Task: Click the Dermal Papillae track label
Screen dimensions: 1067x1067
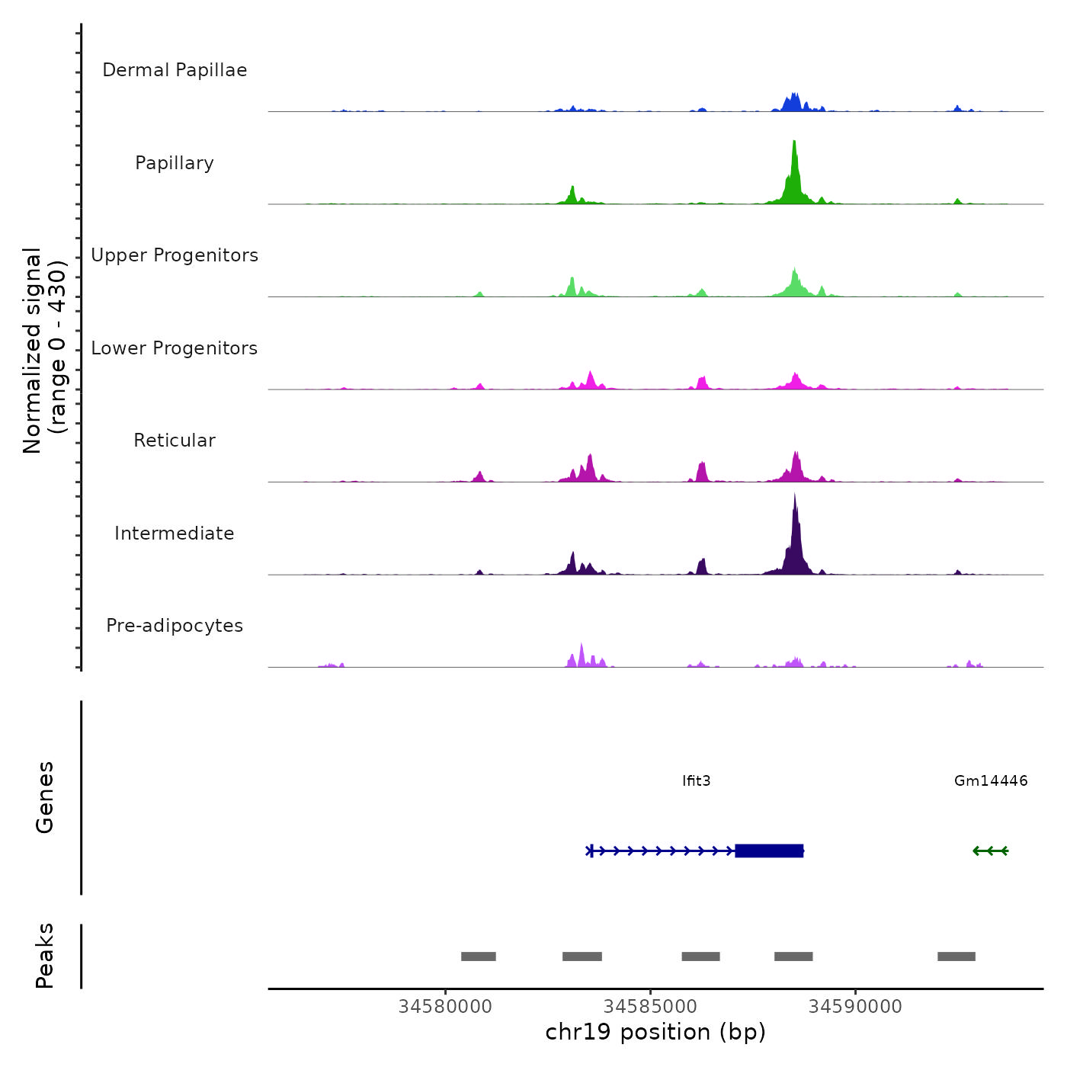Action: [x=175, y=70]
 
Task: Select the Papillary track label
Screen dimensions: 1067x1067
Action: [x=175, y=163]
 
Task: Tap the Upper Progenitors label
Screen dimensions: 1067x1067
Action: [x=175, y=255]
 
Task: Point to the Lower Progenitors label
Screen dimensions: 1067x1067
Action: [x=175, y=348]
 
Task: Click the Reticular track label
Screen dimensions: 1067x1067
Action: [x=175, y=441]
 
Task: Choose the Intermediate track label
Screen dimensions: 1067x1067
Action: [x=175, y=533]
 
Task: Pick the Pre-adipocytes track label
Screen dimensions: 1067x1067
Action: [x=175, y=626]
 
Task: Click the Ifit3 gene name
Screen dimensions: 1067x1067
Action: [x=697, y=780]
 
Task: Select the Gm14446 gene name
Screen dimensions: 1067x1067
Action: [x=991, y=780]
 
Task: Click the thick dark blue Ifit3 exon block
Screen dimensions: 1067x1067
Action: [x=769, y=851]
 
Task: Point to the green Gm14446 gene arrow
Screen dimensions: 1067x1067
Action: [x=990, y=851]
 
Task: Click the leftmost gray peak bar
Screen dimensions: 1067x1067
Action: [x=479, y=956]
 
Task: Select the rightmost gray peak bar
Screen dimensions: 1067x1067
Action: [x=956, y=956]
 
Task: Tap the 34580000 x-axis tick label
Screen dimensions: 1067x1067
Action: [x=445, y=1007]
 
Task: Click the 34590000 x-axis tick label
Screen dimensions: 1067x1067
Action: [x=855, y=1007]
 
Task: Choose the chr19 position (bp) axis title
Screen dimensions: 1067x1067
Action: [x=655, y=1032]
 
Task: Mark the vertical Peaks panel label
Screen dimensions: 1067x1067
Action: [x=44, y=956]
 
